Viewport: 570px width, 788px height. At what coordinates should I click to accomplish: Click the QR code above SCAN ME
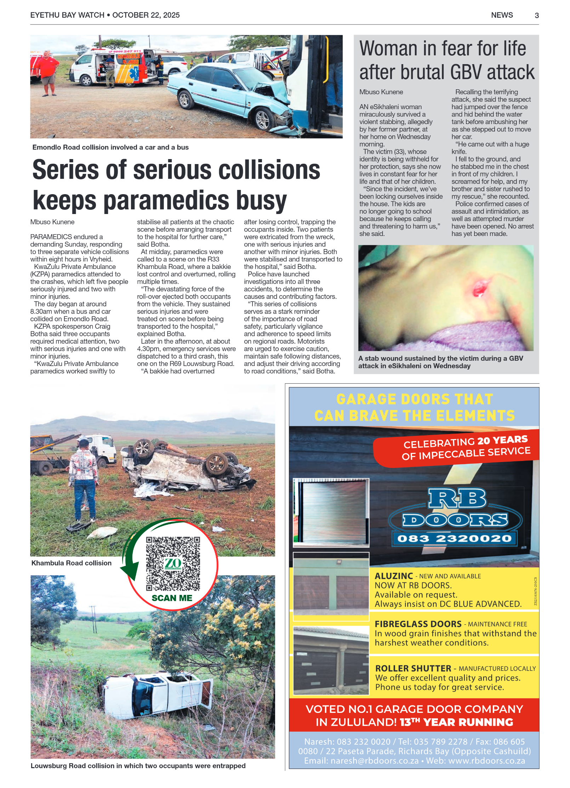coord(173,563)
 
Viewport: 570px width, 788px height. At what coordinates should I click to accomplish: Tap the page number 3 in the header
coord(536,16)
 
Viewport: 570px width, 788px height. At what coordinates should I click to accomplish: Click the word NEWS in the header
coord(502,15)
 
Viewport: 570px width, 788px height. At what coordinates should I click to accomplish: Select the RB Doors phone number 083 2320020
coord(454,539)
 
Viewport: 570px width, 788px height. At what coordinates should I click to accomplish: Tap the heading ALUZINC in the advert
coord(394,576)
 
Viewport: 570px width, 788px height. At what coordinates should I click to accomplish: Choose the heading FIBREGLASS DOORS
coord(418,624)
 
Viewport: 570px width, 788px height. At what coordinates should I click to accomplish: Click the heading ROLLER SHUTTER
coord(413,669)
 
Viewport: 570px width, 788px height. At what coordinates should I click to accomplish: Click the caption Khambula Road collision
coord(71,563)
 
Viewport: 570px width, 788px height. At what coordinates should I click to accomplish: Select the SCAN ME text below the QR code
coord(172,598)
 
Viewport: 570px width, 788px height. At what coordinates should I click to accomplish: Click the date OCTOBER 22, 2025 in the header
coord(146,15)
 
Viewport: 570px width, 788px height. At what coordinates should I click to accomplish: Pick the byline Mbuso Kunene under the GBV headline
coord(381,92)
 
